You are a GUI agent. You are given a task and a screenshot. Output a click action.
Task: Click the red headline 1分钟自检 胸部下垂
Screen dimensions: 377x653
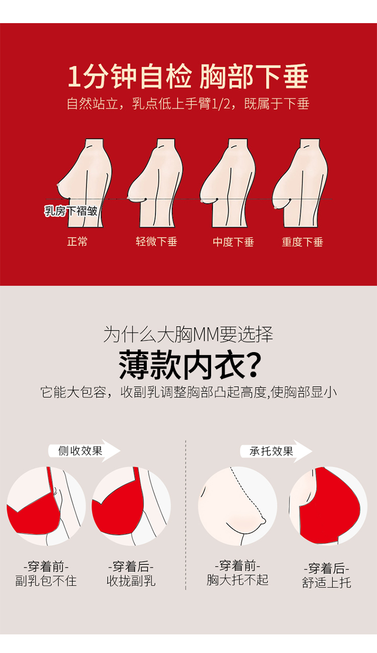tap(188, 76)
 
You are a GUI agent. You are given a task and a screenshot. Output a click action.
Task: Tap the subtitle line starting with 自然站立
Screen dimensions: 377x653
tap(188, 104)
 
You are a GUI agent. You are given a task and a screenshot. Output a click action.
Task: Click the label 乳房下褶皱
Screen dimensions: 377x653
tap(71, 211)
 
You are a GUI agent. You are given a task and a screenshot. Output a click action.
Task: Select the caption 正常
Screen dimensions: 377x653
tap(77, 242)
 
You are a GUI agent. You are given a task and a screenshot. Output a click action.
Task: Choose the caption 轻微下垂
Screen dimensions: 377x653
tap(156, 242)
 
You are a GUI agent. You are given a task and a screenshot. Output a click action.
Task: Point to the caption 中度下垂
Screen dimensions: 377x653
tap(233, 242)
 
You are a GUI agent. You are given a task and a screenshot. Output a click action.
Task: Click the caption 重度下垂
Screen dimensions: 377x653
tap(302, 242)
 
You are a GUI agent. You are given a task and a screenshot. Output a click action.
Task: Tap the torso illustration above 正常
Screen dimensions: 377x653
tap(84, 183)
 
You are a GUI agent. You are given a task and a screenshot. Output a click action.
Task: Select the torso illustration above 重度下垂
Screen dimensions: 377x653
tap(301, 183)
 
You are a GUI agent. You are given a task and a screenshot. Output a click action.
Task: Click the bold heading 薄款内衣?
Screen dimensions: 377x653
tap(190, 365)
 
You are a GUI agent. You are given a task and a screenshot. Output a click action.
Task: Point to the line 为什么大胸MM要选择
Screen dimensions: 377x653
tap(188, 335)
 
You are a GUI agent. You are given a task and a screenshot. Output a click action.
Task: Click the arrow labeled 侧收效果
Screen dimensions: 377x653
tap(84, 451)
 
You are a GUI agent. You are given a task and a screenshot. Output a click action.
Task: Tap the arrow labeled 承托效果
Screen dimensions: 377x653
tap(276, 451)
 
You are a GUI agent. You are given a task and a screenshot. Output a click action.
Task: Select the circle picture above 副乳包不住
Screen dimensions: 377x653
tap(46, 506)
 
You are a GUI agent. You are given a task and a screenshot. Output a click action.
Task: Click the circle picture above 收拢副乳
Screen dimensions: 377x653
tap(131, 506)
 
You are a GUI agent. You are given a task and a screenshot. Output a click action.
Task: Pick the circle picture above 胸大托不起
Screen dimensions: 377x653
tap(238, 506)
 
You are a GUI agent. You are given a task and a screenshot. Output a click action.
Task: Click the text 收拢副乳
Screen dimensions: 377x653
tap(131, 581)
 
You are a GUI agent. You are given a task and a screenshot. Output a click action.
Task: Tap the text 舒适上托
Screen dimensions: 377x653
tap(327, 583)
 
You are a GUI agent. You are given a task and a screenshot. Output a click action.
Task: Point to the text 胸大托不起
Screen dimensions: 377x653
tap(238, 580)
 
